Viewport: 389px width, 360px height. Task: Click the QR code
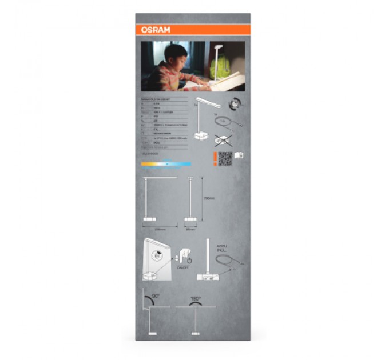point(225,158)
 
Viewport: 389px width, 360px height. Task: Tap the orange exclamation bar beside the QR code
point(215,158)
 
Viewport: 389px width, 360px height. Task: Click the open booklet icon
point(239,156)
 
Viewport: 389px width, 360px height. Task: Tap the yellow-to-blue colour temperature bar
point(166,164)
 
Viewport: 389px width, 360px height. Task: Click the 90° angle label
point(155,297)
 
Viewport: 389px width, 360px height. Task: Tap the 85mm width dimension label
point(190,230)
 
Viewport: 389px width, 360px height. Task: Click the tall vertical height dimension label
point(209,198)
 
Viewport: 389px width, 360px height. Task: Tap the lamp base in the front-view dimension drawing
point(149,218)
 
